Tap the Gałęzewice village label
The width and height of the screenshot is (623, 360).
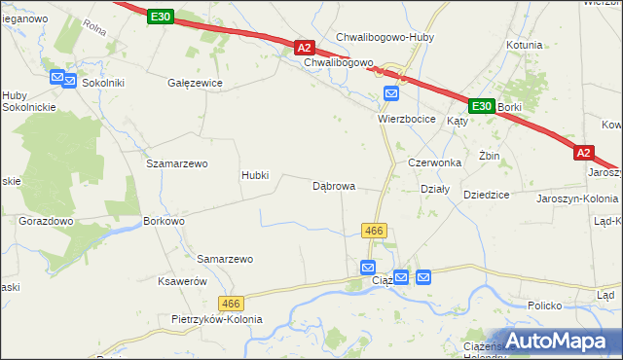pos(196,84)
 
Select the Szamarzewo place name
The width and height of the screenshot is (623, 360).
pos(177,164)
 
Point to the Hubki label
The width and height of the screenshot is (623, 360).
pos(255,176)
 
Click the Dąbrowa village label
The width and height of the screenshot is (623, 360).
pos(333,186)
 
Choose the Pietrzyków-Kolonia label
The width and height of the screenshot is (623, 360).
pos(216,320)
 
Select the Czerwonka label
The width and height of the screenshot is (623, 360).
pos(434,163)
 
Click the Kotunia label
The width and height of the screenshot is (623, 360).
pos(525,45)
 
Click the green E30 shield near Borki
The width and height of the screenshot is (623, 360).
pos(481,105)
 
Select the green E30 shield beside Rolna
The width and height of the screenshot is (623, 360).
pos(163,17)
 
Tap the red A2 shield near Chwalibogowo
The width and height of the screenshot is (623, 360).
pos(305,47)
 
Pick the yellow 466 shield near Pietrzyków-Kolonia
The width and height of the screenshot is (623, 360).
pos(231,304)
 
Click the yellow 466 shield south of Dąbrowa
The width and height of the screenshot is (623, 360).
pos(376,231)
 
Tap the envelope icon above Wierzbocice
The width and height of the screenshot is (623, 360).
pos(391,94)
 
